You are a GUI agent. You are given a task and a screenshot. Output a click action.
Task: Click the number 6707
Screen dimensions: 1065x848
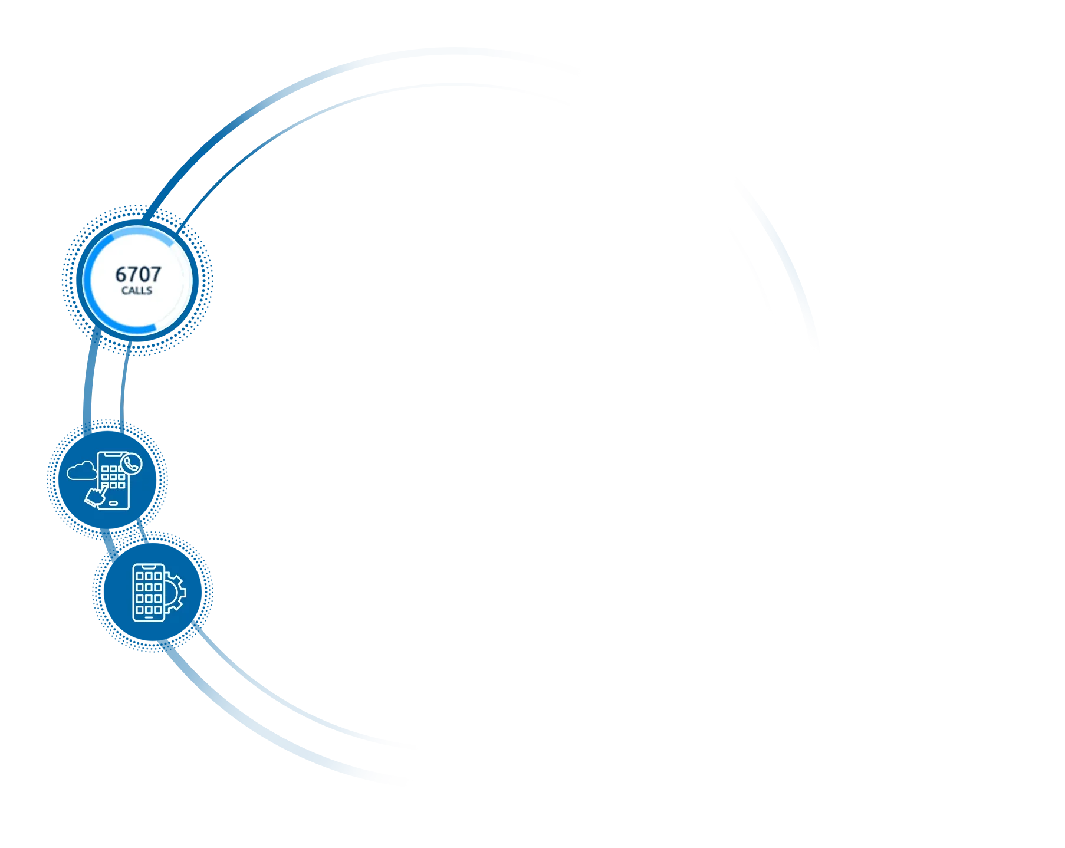pyautogui.click(x=138, y=274)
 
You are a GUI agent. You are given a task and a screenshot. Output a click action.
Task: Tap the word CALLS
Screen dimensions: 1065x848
pyautogui.click(x=137, y=290)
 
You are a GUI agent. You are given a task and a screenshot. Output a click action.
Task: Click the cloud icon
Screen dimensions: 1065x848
pyautogui.click(x=82, y=471)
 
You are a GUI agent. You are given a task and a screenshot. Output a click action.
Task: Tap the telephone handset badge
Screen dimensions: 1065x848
pyautogui.click(x=131, y=464)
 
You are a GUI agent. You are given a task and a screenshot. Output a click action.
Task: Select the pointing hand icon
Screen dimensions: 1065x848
pyautogui.click(x=96, y=495)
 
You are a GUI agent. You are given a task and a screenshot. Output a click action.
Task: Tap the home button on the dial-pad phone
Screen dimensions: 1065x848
pyautogui.click(x=113, y=503)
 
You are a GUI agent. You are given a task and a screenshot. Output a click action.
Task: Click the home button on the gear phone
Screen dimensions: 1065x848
pyautogui.click(x=149, y=617)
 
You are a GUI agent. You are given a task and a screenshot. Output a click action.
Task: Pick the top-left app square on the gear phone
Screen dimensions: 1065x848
pyautogui.click(x=140, y=576)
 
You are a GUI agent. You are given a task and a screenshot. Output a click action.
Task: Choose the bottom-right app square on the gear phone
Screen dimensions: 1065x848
pyautogui.click(x=157, y=610)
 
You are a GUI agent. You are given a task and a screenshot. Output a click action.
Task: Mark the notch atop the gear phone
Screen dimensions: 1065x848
pyautogui.click(x=149, y=566)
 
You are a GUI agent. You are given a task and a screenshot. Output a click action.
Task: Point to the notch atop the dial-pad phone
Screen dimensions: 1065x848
pyautogui.click(x=112, y=454)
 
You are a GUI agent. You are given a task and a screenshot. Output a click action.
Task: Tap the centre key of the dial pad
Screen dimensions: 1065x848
pyautogui.click(x=113, y=477)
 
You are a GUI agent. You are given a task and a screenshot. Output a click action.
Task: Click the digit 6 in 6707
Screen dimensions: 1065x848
pyautogui.click(x=121, y=274)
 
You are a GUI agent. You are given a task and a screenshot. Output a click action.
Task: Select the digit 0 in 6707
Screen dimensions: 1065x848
pyautogui.click(x=144, y=274)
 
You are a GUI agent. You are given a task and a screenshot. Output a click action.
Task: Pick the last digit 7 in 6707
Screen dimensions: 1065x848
pyautogui.click(x=156, y=274)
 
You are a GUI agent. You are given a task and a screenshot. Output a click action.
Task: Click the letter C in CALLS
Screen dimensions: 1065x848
pyautogui.click(x=125, y=290)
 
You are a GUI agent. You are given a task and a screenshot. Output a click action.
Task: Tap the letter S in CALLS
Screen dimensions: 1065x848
pyautogui.click(x=149, y=290)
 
